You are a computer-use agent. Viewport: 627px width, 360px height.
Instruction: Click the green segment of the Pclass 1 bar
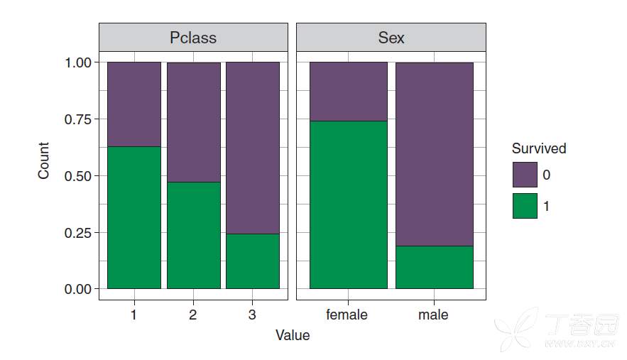click(134, 217)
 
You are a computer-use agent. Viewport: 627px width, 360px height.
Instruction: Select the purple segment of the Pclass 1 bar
click(134, 104)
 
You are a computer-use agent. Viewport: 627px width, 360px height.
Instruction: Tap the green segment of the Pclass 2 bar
click(193, 235)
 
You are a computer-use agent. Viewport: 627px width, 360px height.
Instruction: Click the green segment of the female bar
click(349, 204)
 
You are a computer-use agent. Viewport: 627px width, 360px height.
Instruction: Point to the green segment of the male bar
click(434, 267)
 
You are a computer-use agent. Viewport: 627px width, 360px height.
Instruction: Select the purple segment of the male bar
click(434, 154)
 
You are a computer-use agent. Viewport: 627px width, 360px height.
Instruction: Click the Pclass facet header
click(193, 38)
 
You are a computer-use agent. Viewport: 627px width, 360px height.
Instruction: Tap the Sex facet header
click(391, 38)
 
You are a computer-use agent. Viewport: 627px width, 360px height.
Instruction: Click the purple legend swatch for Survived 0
click(525, 175)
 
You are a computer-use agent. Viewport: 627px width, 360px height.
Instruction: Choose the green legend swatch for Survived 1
click(525, 206)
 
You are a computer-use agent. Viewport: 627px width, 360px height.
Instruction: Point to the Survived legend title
click(539, 148)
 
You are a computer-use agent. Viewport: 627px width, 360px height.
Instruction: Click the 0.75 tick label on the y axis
click(78, 119)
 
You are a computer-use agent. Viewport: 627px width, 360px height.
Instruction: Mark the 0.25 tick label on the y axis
click(78, 232)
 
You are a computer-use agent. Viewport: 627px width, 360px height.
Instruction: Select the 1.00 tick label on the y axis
click(78, 62)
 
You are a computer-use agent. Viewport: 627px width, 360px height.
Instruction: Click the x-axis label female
click(347, 314)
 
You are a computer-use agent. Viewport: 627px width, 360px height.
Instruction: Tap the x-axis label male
click(434, 314)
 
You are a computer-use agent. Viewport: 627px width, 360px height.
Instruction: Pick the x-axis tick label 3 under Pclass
click(252, 314)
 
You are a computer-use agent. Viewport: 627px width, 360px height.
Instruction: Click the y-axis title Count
click(44, 160)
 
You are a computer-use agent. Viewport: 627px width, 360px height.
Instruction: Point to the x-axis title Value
click(293, 335)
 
